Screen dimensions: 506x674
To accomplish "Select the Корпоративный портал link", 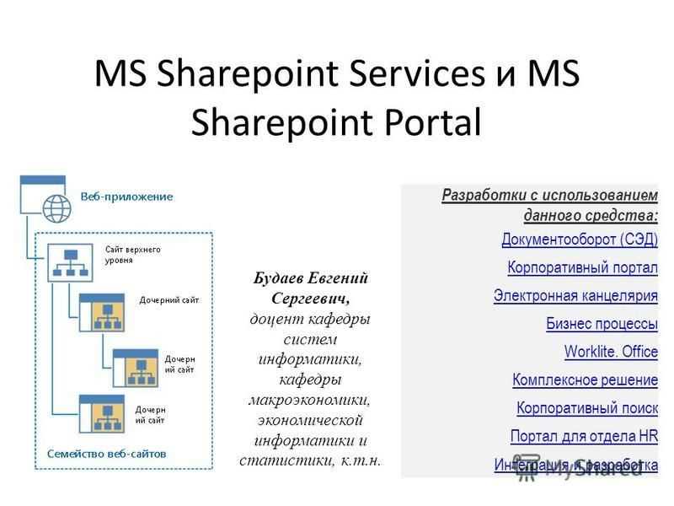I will (x=582, y=267).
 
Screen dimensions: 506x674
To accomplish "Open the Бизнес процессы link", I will (x=602, y=323).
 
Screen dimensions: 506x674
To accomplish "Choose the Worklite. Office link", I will (x=611, y=352).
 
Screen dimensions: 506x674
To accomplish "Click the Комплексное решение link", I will (x=585, y=379).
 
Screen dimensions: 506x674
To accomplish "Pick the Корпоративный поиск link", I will (x=586, y=408).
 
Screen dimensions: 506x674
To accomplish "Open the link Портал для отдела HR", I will (x=584, y=436).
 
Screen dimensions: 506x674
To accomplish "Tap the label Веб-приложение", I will (x=126, y=196).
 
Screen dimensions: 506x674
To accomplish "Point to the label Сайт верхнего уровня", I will (x=132, y=254).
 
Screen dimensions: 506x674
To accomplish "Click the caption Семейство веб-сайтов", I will (x=105, y=453).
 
